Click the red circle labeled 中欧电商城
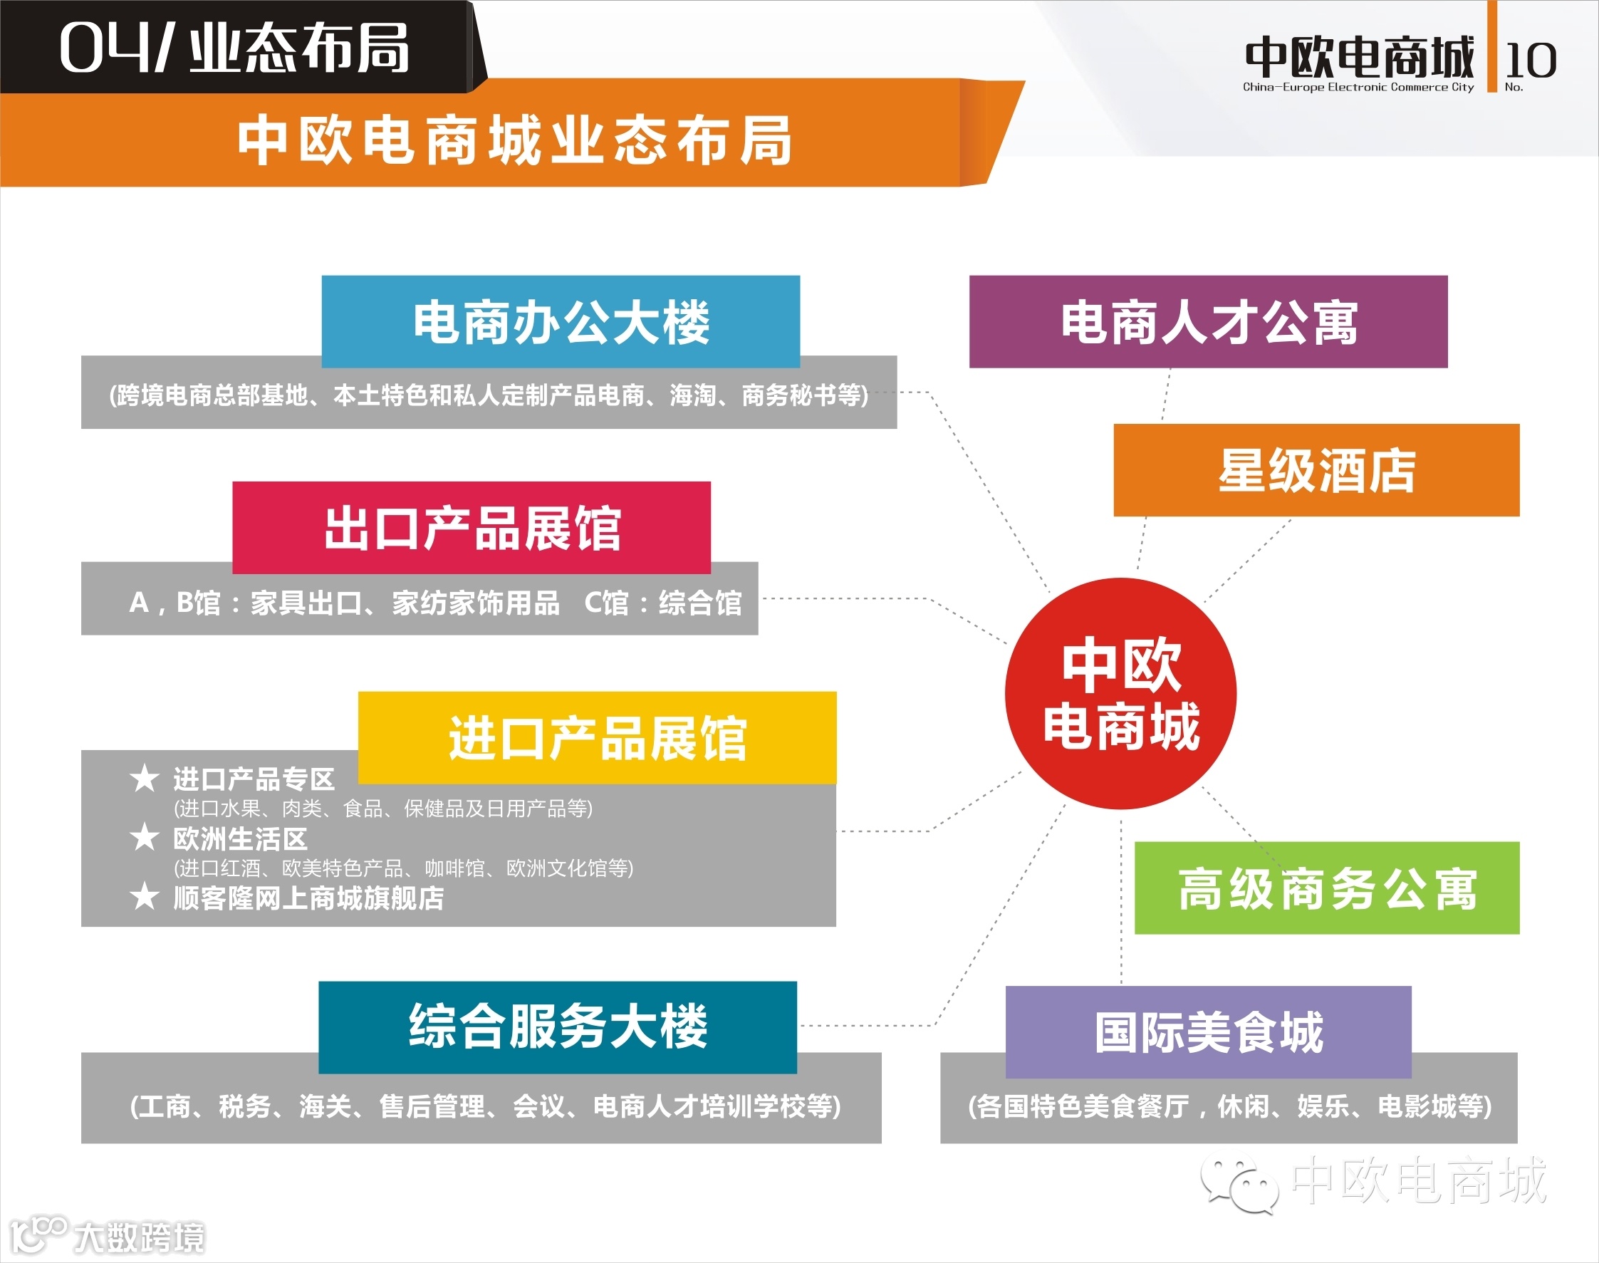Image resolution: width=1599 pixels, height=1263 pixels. pyautogui.click(x=1120, y=693)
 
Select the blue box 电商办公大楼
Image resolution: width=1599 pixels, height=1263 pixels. pyautogui.click(x=561, y=322)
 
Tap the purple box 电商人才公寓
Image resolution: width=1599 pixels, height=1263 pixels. pyautogui.click(x=1208, y=322)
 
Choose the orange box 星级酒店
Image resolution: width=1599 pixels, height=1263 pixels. pyautogui.click(x=1316, y=470)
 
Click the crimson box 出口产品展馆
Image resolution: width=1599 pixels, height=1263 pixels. pyautogui.click(x=472, y=527)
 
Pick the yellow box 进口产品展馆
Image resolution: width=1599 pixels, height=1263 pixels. pyautogui.click(x=598, y=737)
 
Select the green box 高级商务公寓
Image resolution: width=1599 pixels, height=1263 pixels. pyautogui.click(x=1327, y=888)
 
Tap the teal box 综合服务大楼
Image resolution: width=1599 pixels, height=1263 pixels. pyautogui.click(x=558, y=1026)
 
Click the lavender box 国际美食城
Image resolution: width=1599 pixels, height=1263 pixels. pyautogui.click(x=1208, y=1031)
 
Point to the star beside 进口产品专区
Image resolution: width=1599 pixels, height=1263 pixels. pyautogui.click(x=144, y=778)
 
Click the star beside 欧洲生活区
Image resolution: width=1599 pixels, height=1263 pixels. pyautogui.click(x=144, y=837)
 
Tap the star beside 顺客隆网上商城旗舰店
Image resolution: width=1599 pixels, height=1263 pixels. pyautogui.click(x=144, y=896)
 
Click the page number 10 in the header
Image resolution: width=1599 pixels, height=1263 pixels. pyautogui.click(x=1530, y=59)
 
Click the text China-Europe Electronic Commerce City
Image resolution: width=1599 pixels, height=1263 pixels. pyautogui.click(x=1358, y=87)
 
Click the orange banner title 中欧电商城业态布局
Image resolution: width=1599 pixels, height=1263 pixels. pyautogui.click(x=514, y=140)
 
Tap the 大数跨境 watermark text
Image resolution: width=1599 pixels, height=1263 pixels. pyautogui.click(x=139, y=1237)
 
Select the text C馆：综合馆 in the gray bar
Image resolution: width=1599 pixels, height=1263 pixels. pyautogui.click(x=662, y=603)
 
